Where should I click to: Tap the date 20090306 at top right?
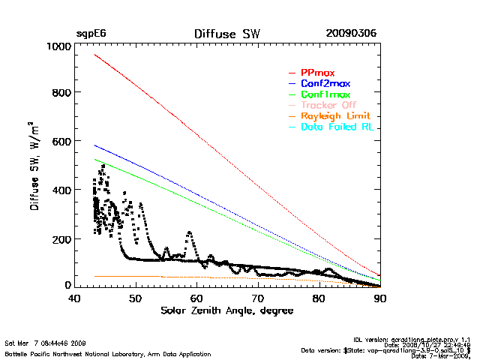point(351,34)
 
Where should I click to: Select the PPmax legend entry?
point(317,72)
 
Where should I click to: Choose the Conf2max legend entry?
point(325,83)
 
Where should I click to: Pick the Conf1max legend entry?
point(325,94)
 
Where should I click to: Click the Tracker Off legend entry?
point(328,106)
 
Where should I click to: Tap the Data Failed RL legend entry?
point(337,128)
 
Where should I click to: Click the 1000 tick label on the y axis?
point(57,46)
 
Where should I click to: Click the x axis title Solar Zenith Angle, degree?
point(227,310)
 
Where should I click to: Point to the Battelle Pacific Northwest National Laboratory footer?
point(108,353)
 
